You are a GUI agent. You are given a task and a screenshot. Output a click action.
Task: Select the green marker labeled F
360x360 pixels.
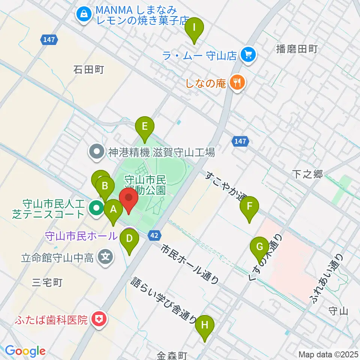[x=250, y=207]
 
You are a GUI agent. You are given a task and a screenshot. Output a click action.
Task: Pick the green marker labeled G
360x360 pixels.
[x=259, y=247]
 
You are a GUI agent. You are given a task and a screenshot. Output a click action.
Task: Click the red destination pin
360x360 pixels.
[x=129, y=198]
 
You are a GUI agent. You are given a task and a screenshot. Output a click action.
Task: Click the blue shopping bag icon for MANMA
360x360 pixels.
[x=82, y=15]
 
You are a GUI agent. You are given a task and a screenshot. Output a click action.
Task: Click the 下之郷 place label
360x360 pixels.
[x=307, y=174]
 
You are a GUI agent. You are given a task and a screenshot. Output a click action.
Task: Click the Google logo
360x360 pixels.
[x=25, y=351]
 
